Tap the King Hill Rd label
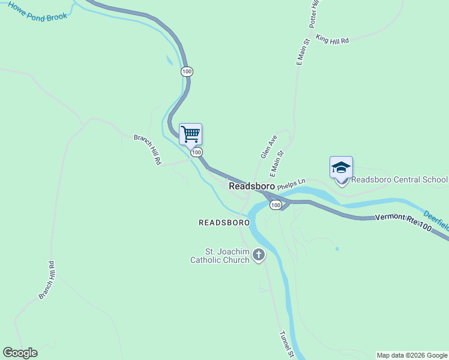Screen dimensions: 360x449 coord(332,40)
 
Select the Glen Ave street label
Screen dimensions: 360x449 coord(268,146)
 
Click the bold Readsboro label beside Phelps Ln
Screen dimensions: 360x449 coord(252,187)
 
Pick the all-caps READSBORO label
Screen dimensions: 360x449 coord(224,223)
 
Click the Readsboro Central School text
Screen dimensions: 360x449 coord(399,179)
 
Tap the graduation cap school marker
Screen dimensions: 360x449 coord(341,167)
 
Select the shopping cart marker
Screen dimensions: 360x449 coord(191,134)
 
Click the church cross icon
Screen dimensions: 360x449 coord(259,256)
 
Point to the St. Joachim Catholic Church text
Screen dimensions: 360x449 coord(219,256)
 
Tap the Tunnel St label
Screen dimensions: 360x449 coord(286,344)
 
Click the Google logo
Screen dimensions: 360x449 coord(20,353)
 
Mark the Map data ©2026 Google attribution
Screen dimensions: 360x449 coord(412,355)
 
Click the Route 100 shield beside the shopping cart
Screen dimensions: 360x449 coord(196,153)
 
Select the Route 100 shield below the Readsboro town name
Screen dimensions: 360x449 coord(275,205)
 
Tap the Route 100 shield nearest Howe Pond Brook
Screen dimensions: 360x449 coord(187,71)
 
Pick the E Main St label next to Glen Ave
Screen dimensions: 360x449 coord(276,164)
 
